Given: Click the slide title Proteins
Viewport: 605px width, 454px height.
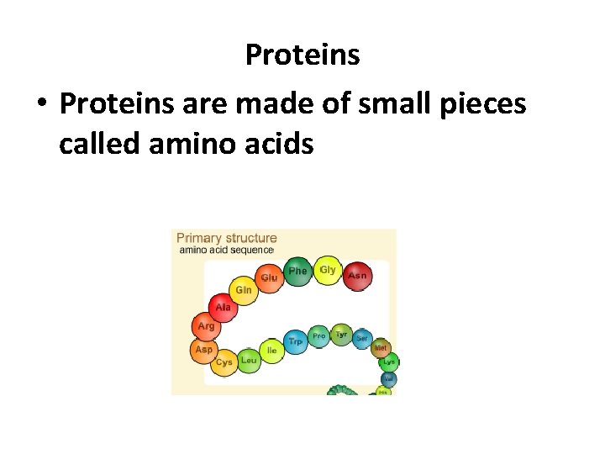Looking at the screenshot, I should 302,55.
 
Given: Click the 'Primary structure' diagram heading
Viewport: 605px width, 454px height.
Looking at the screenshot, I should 226,238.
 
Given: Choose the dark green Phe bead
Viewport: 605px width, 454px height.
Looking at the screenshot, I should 297,271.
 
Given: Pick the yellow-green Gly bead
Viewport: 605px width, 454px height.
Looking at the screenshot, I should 328,270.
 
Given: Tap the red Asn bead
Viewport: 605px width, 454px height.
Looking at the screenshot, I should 357,275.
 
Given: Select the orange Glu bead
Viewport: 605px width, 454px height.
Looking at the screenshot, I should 269,277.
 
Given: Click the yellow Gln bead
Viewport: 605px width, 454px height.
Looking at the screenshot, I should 244,290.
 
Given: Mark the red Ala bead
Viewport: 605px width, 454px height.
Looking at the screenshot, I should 222,308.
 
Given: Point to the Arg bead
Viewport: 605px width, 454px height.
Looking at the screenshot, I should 206,326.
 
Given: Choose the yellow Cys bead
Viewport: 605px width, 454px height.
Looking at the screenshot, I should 224,362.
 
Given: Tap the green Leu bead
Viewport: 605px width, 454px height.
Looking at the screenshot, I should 249,360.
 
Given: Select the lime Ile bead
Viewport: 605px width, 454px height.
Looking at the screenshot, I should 271,349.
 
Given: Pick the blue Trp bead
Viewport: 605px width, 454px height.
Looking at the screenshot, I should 295,342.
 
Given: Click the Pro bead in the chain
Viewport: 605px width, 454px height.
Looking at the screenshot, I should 319,336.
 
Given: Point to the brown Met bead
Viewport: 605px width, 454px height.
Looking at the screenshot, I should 381,347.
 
